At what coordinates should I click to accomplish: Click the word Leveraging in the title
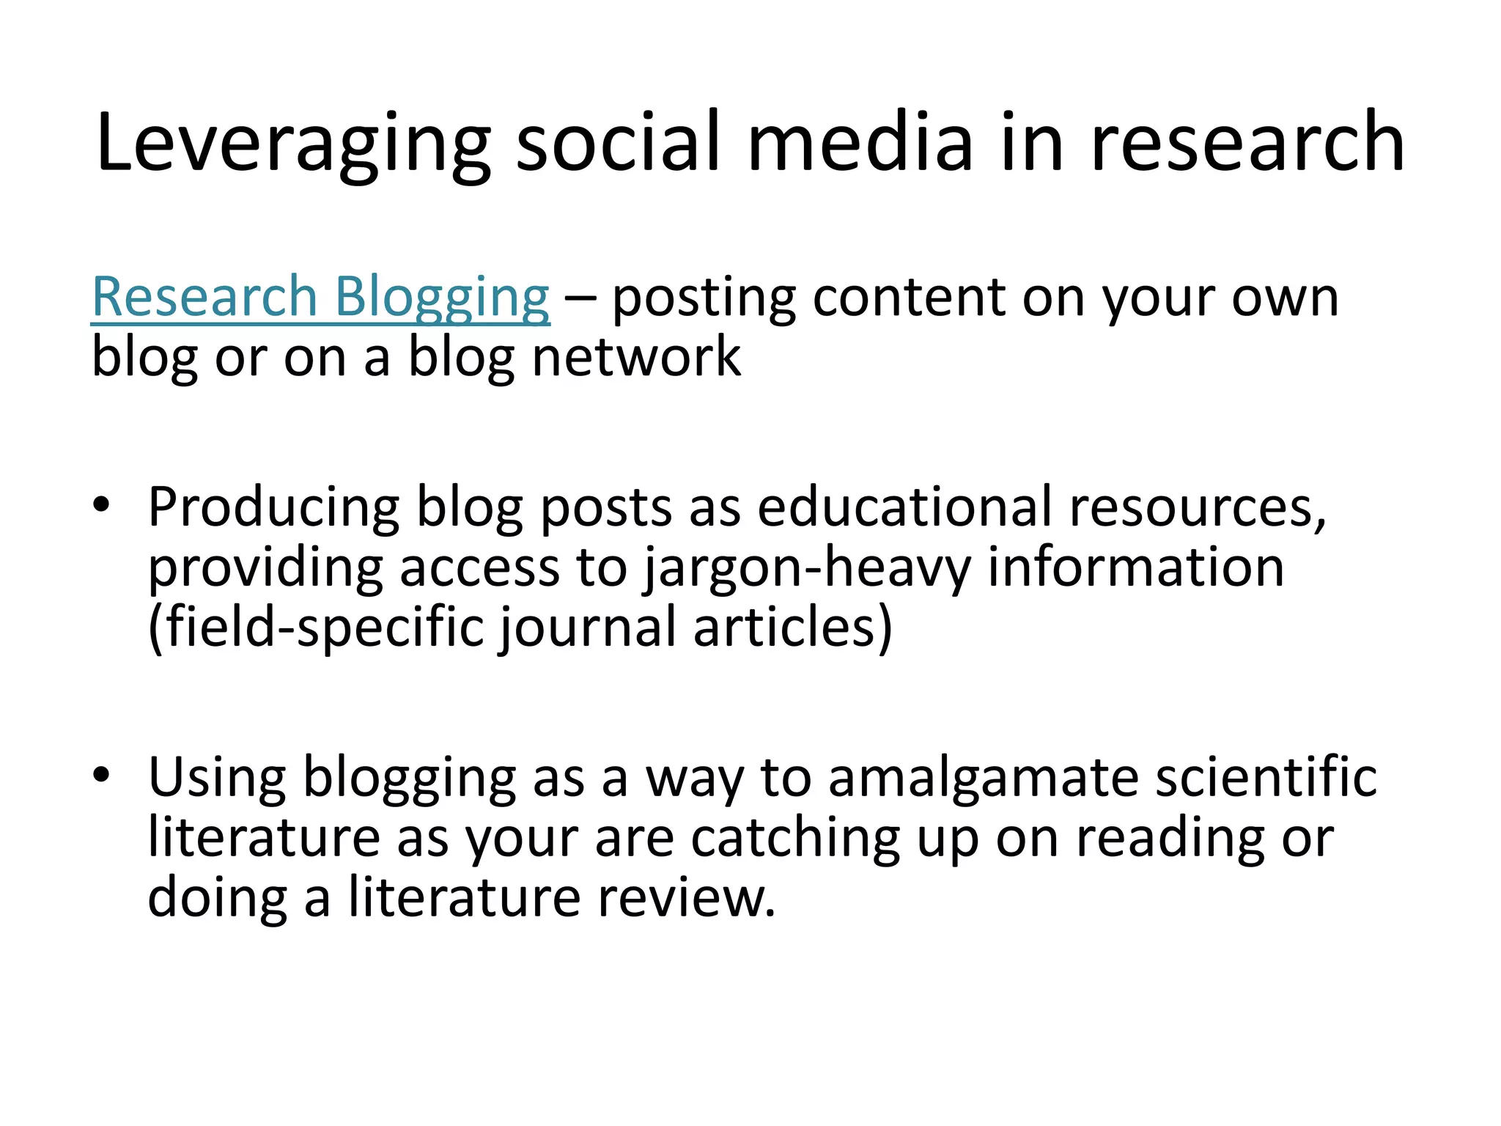293,143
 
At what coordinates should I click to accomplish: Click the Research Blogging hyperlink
320,297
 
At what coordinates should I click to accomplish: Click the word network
636,357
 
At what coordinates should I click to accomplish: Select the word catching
795,837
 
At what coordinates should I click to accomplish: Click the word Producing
273,507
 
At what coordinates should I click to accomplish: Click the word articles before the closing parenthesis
783,628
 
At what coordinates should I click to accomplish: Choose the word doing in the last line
217,898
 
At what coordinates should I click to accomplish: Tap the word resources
1195,507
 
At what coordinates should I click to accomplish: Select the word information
1135,567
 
